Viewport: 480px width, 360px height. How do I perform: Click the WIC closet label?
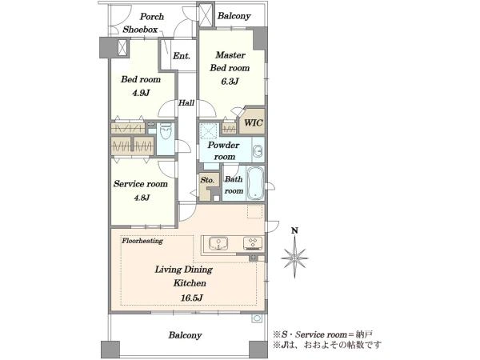(254, 123)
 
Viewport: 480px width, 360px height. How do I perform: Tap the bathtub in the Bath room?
(255, 183)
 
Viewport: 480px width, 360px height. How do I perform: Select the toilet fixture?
(166, 133)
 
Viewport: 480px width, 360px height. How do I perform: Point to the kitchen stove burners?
(253, 242)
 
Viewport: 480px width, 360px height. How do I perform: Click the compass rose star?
(294, 258)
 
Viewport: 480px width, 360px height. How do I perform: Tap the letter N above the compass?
(294, 231)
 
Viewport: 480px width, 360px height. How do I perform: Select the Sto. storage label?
(207, 180)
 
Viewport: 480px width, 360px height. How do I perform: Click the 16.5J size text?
(190, 298)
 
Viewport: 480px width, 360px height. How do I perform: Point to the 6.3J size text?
(230, 81)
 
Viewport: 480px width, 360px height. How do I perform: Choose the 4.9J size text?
(141, 93)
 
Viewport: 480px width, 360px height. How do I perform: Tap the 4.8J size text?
(142, 198)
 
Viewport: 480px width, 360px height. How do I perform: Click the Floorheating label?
(142, 241)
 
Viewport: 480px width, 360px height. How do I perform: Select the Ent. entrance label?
(182, 56)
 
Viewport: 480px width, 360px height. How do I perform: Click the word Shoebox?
(140, 30)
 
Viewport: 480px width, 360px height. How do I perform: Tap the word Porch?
(152, 16)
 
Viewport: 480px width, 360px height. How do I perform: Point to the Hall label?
(186, 103)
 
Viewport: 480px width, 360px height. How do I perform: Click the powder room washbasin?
(258, 151)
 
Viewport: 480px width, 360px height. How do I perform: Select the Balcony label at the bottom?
(185, 335)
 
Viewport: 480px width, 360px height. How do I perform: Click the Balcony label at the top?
(234, 16)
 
